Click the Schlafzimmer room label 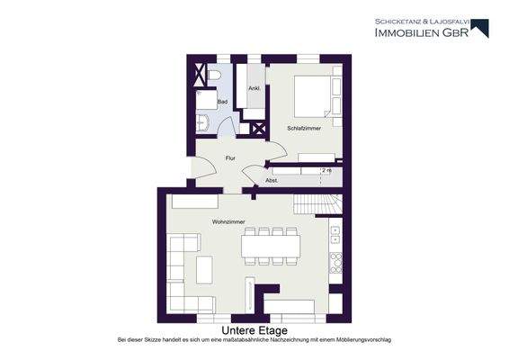(304, 129)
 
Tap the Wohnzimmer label (228, 220)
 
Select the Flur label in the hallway (230, 158)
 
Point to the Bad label (222, 103)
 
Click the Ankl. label (254, 87)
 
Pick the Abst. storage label (272, 180)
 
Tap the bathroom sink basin (203, 121)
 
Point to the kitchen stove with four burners (336, 263)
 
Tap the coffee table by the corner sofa (204, 268)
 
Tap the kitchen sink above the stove (335, 235)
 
